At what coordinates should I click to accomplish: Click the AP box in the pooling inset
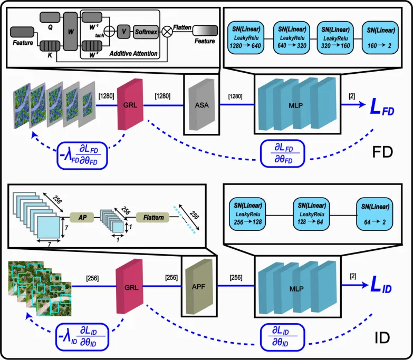82,217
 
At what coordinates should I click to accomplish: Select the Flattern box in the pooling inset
152,217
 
